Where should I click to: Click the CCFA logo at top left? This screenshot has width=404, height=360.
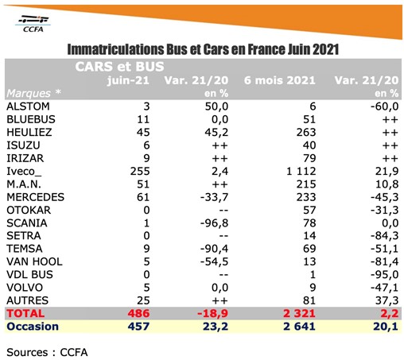point(33,24)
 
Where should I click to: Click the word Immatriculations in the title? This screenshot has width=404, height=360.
point(115,49)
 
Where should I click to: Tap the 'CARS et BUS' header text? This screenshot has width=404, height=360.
point(119,67)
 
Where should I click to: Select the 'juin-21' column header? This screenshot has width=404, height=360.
point(128,80)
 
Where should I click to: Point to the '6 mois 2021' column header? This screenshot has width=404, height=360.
point(280,80)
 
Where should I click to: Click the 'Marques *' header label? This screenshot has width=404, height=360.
point(33,93)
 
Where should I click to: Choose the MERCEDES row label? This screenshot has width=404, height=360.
point(35,197)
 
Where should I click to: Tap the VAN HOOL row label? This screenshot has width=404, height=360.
point(34,261)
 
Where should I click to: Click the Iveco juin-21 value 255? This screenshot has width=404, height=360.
point(140,172)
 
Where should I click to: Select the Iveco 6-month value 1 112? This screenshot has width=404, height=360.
point(301,172)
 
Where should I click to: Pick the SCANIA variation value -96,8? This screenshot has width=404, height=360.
point(214,223)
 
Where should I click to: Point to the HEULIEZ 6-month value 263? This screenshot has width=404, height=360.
point(306,133)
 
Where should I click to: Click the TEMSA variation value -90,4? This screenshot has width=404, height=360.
point(214,249)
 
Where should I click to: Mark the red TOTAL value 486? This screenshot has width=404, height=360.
point(138,314)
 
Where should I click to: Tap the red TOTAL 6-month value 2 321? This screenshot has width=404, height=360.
point(299,314)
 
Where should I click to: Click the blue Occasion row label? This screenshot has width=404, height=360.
point(33,327)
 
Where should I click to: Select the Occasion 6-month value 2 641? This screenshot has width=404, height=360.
point(299,327)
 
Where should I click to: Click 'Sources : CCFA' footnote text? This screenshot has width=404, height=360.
point(47,352)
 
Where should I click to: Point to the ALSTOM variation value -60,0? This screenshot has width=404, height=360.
point(384,106)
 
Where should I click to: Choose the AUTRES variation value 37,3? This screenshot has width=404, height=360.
point(387,300)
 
